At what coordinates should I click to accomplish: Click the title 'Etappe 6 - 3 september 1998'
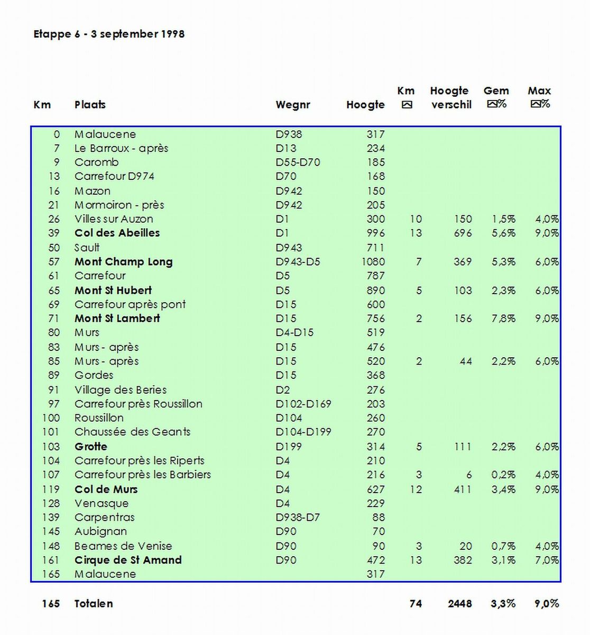(109, 34)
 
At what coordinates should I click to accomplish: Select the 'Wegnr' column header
(292, 105)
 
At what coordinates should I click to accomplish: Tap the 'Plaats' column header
(90, 105)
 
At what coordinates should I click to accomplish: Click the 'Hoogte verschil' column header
(450, 98)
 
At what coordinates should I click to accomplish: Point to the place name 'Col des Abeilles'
(117, 233)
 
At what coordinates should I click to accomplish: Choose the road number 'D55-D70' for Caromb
(298, 162)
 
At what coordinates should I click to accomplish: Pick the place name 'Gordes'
(94, 375)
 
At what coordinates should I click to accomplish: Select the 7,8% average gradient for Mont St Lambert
(503, 319)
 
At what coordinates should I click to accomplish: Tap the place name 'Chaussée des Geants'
(132, 432)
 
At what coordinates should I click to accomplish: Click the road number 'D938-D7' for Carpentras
(298, 518)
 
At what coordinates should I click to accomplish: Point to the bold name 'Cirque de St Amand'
(128, 560)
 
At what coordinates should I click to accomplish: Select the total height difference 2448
(459, 604)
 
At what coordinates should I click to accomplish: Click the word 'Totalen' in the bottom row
(94, 604)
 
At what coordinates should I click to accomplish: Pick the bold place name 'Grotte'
(91, 447)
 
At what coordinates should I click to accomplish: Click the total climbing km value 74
(416, 604)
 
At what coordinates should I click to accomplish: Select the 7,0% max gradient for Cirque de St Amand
(547, 560)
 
